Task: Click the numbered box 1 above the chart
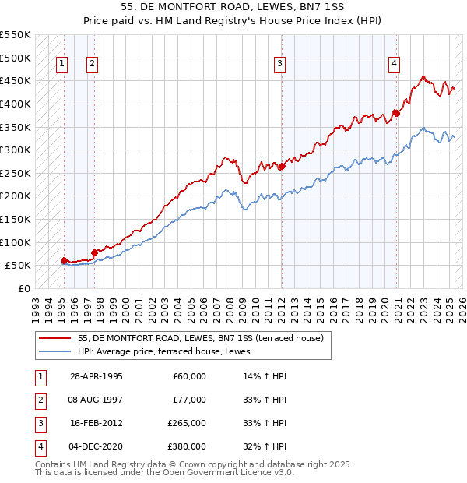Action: coord(61,64)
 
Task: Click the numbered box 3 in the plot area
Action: coord(279,64)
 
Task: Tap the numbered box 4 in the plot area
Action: coord(395,64)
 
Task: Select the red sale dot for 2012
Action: coord(282,166)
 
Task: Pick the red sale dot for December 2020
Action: coord(396,113)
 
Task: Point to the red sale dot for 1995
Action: coord(64,261)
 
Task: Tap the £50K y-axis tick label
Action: coord(18,265)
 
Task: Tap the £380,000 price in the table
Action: coord(187,446)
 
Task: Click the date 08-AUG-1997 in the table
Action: coord(96,400)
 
